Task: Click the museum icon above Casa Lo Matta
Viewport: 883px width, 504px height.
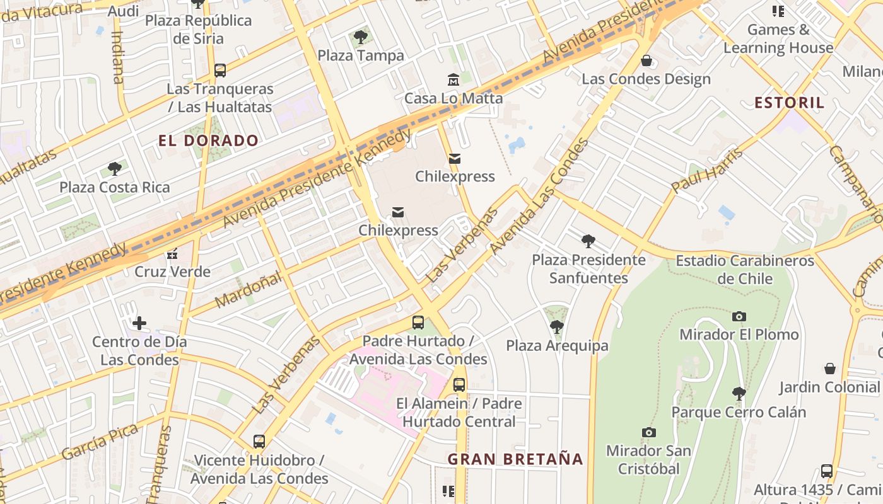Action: point(453,80)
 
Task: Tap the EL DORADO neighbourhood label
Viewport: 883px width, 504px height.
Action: point(209,140)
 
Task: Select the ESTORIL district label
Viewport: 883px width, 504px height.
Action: point(789,103)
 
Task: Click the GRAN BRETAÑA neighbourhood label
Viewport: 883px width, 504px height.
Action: point(515,459)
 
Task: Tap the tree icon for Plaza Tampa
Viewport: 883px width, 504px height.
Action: point(361,37)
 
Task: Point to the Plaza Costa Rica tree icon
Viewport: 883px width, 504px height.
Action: point(114,169)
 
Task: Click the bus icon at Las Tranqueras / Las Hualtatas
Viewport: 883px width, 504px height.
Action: point(219,71)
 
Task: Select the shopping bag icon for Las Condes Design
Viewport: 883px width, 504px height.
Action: point(646,60)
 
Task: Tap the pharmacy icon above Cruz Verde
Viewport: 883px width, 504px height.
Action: point(172,254)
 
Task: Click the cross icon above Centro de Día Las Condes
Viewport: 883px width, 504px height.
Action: point(139,324)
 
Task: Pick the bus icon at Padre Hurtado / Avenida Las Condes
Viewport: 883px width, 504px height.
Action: point(418,323)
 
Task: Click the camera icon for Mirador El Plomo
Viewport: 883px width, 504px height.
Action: point(739,316)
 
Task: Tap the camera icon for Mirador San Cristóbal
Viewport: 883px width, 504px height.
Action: point(648,432)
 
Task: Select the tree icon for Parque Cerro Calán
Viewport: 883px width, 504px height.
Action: point(739,394)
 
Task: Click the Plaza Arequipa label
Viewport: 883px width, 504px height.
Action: point(557,345)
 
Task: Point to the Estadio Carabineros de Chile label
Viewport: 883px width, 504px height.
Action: point(745,269)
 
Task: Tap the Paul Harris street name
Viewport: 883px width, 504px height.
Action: point(706,169)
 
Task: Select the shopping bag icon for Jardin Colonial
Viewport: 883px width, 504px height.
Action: point(830,369)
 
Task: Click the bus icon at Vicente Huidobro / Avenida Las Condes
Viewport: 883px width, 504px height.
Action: point(259,442)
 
